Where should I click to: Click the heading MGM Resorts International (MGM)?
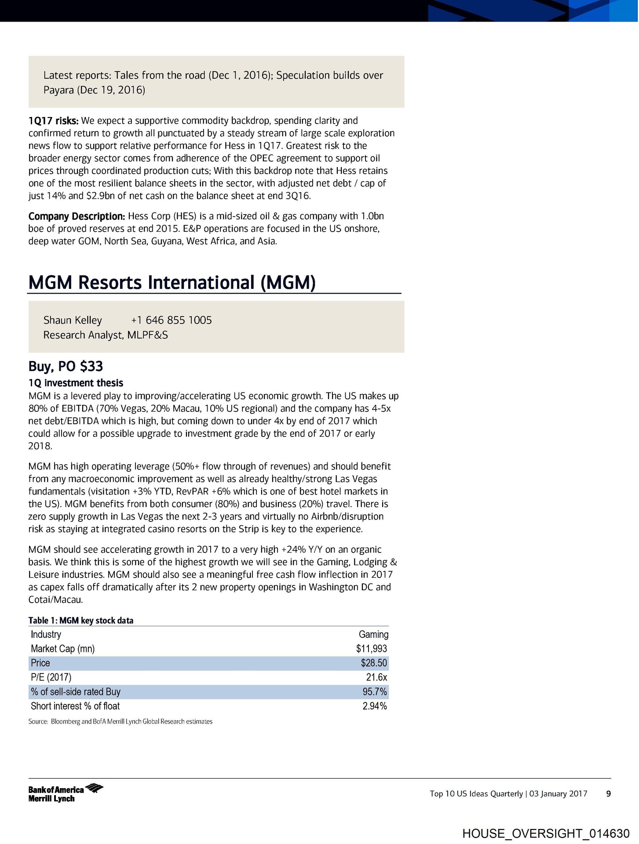tap(172, 283)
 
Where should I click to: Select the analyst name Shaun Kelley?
tap(73, 320)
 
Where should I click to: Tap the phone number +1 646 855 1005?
tap(171, 320)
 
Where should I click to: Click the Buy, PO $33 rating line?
tap(66, 366)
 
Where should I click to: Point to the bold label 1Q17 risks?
tap(53, 121)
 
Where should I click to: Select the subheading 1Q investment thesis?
tap(76, 383)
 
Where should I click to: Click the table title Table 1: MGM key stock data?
tap(81, 620)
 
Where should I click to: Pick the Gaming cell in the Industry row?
tap(373, 634)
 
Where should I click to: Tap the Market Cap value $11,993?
tap(372, 648)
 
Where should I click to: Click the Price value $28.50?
tap(374, 663)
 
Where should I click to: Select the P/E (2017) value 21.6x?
tap(376, 677)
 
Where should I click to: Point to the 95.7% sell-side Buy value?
tap(375, 691)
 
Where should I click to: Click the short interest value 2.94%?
tap(375, 706)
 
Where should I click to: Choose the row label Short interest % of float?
tap(75, 706)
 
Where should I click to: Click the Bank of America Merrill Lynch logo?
tap(65, 793)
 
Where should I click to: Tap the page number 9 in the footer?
tap(608, 793)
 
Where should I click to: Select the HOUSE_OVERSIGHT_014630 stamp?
tap(546, 833)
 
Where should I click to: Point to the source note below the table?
tap(120, 721)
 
